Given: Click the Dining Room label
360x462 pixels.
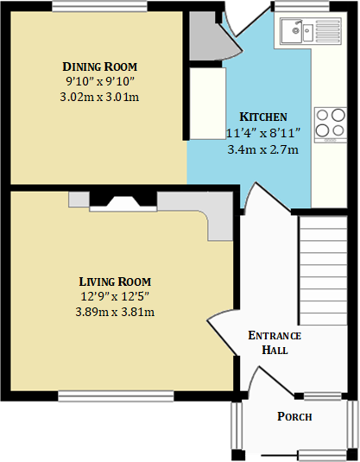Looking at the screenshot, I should click(100, 66).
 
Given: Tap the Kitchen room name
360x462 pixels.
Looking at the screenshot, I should click(262, 117).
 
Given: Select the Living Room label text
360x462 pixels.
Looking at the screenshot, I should click(115, 282).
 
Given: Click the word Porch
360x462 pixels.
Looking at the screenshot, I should click(294, 417).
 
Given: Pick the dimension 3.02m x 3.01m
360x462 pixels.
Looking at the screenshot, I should click(100, 96).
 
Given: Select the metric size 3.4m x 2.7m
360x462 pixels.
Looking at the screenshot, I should click(262, 149).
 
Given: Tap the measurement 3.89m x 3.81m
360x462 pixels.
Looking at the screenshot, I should click(115, 312).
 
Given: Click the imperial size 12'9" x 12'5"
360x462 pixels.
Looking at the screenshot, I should click(115, 297).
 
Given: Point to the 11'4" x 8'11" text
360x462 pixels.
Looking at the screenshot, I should click(262, 134).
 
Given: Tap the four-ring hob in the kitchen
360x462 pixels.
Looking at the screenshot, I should click(329, 123).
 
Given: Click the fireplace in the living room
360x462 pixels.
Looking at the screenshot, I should click(123, 202).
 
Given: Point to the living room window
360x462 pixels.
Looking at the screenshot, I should click(115, 396).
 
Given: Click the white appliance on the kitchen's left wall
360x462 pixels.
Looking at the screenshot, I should click(207, 104).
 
